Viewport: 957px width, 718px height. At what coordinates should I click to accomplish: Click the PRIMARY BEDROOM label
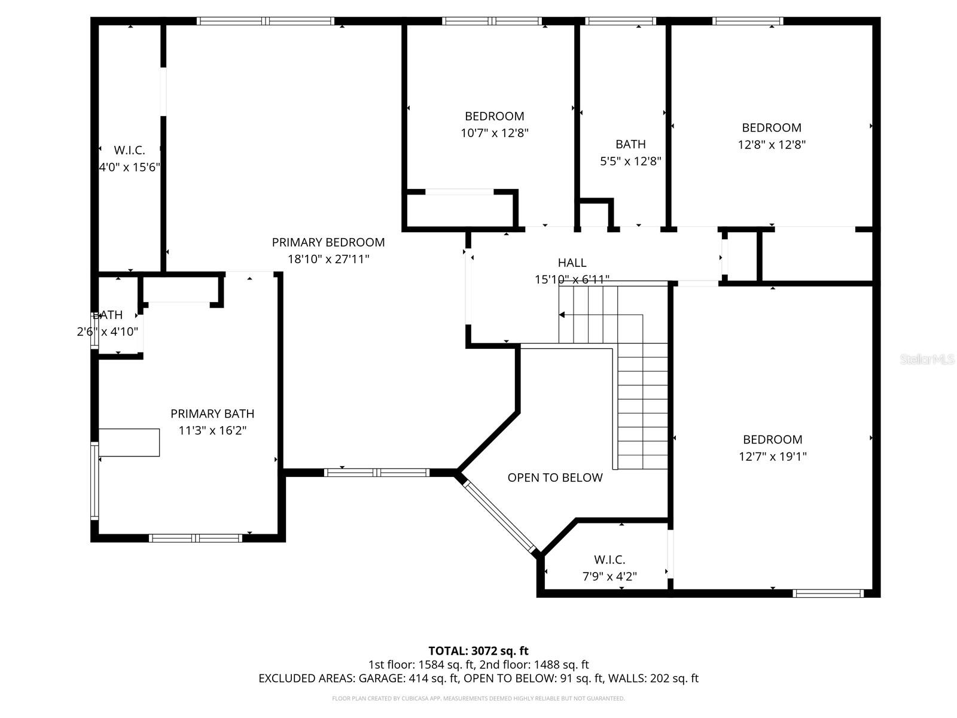[x=328, y=242]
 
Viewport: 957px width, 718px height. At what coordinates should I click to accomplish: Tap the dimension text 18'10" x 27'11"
[x=328, y=259]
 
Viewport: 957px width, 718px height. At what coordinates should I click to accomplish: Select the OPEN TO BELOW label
[x=555, y=477]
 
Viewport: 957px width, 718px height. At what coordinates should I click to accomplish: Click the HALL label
[x=572, y=263]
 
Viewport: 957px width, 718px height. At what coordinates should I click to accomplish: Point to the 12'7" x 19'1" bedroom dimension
[x=773, y=457]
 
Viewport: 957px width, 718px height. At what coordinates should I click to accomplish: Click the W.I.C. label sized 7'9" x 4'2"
[x=609, y=560]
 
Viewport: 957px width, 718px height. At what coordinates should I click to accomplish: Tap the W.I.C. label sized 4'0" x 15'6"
[x=129, y=151]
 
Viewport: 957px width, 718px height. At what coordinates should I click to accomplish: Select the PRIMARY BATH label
[x=212, y=414]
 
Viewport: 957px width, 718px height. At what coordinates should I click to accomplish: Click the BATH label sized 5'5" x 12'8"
[x=630, y=144]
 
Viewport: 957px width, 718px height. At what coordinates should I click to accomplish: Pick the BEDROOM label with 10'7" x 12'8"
[x=494, y=116]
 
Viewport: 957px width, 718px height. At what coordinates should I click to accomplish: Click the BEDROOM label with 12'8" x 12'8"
[x=772, y=127]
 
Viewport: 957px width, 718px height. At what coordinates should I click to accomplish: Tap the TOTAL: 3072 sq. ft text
[x=478, y=651]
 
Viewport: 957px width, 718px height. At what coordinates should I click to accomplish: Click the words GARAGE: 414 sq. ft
[x=408, y=679]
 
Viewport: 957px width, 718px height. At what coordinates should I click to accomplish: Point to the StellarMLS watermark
[x=926, y=360]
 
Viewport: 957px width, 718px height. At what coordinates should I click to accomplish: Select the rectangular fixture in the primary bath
[x=129, y=443]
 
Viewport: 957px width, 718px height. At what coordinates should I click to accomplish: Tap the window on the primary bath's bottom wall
[x=195, y=538]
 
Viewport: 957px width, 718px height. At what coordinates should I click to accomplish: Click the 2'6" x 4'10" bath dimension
[x=108, y=331]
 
